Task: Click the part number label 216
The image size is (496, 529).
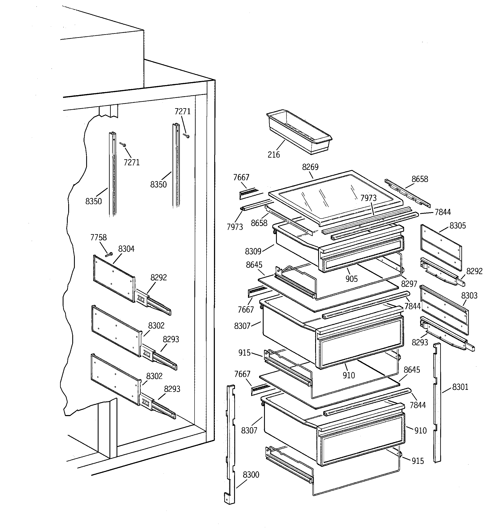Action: (273, 155)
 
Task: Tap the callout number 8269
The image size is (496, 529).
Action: (310, 167)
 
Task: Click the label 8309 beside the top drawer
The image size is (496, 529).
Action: (253, 251)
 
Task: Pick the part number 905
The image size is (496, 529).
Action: (351, 279)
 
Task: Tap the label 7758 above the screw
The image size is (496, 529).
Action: (99, 237)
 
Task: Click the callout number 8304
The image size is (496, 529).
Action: (126, 249)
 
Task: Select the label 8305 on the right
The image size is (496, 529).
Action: (458, 226)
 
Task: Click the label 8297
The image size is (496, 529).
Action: (409, 284)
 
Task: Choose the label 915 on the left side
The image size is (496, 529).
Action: (244, 353)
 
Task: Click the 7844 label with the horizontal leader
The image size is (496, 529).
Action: (443, 212)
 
